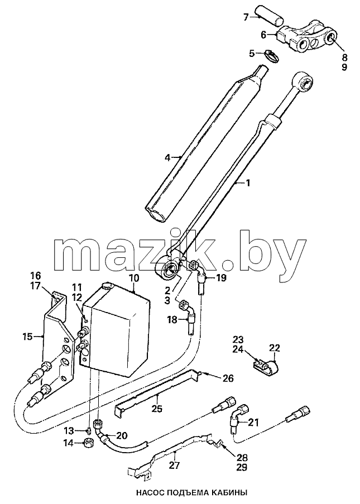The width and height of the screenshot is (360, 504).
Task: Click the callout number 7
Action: (x=246, y=17)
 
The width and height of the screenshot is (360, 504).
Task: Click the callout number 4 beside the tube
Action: (x=167, y=158)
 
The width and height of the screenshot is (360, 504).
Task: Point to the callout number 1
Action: (x=247, y=183)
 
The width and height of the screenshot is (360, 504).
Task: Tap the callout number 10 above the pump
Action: (x=134, y=278)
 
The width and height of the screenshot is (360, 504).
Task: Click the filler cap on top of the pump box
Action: (x=107, y=286)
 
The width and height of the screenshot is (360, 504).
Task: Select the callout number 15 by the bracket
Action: (x=28, y=337)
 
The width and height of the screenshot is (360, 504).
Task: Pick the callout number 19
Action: (x=222, y=277)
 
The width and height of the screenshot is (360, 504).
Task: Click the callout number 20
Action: (x=122, y=436)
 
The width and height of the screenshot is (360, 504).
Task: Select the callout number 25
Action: (x=157, y=409)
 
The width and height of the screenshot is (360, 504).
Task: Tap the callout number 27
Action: (x=175, y=464)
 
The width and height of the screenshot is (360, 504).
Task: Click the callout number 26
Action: (x=228, y=379)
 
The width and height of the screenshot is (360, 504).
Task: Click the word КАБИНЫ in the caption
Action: (x=226, y=492)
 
